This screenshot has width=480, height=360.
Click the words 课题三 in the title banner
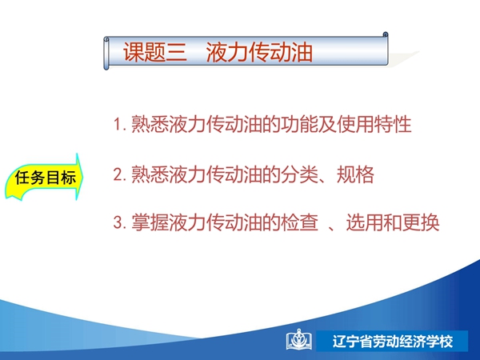[155, 52]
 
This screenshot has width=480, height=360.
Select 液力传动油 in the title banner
[259, 52]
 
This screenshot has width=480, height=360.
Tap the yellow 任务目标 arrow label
[44, 178]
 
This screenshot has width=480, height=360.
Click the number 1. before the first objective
[120, 124]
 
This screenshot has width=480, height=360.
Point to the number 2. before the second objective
[120, 174]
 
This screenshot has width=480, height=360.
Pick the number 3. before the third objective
[120, 222]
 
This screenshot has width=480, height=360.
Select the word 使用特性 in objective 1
[374, 124]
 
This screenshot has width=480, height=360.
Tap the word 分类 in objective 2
[299, 174]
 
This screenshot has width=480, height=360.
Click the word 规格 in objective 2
[355, 174]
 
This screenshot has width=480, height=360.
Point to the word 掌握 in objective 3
[150, 222]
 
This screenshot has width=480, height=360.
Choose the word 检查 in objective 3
[299, 222]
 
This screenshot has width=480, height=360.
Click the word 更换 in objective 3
[421, 222]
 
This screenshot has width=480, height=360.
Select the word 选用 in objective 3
[365, 222]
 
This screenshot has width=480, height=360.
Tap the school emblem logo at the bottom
[299, 339]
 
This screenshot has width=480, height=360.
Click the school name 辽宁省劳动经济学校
[393, 342]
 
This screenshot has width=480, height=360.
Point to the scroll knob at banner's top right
[386, 34]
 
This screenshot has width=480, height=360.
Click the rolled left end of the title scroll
[106, 54]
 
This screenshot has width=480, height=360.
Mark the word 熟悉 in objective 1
[150, 124]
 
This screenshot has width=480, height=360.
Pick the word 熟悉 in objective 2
[150, 174]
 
